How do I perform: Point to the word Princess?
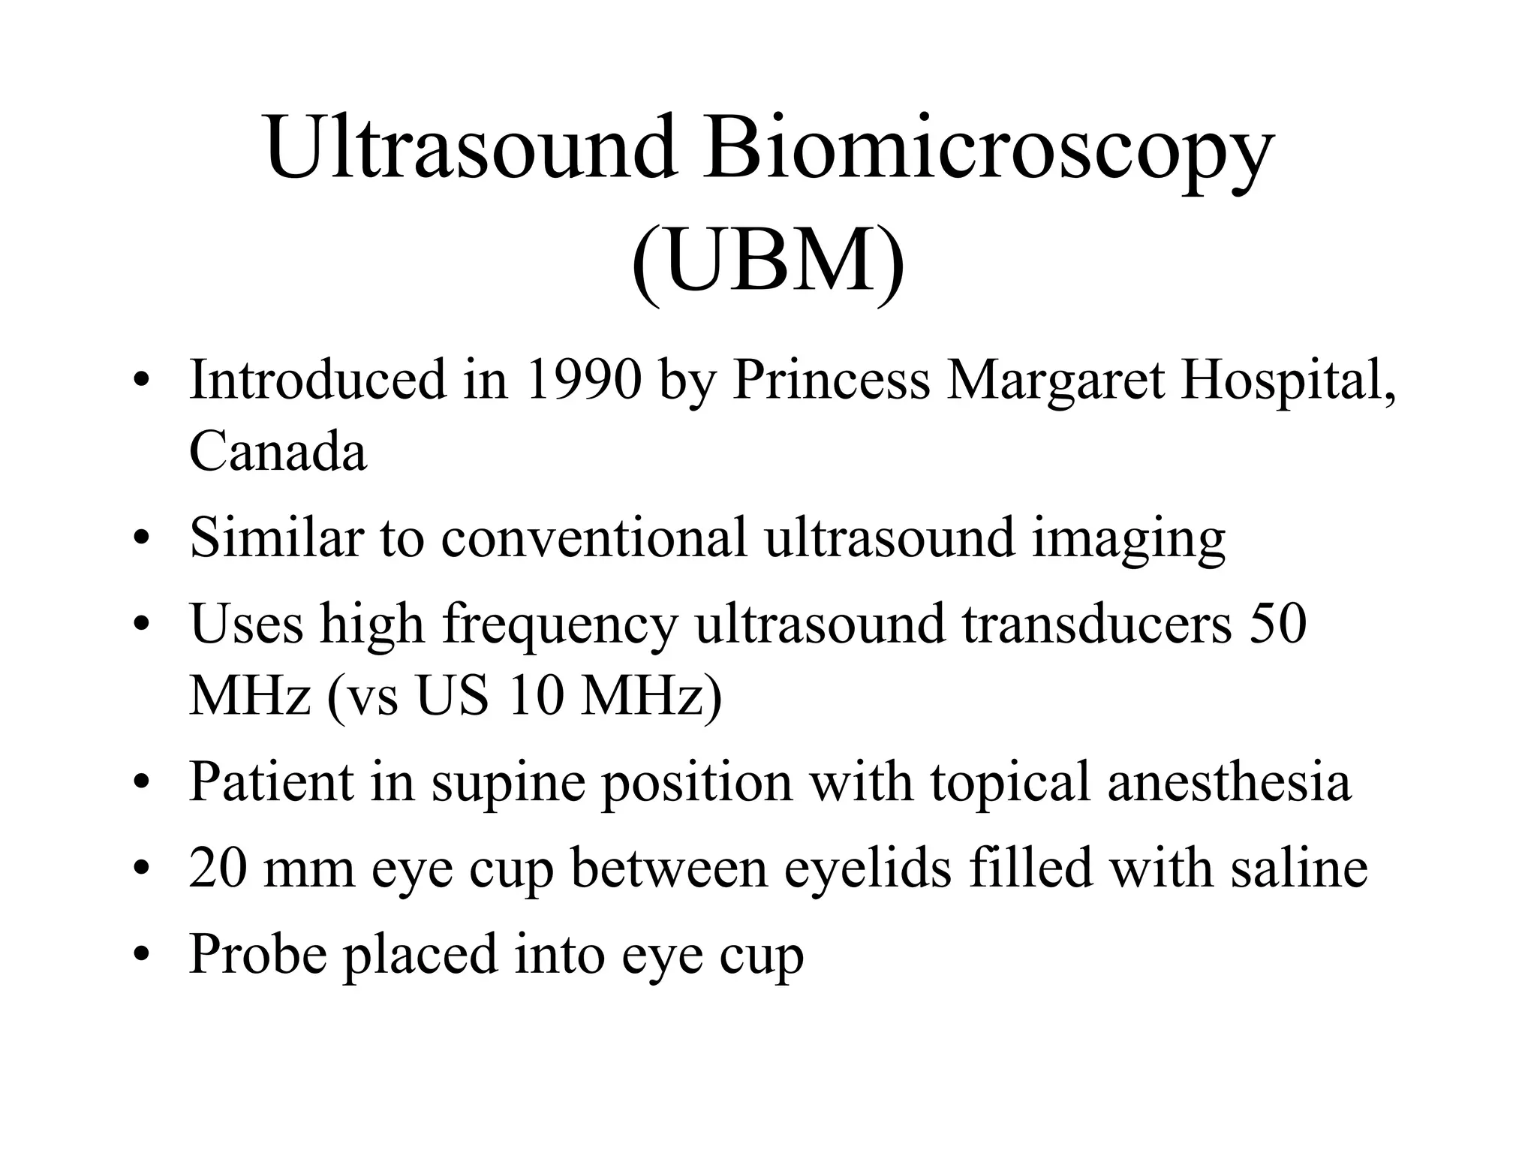click(x=831, y=380)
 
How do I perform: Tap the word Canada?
click(x=278, y=452)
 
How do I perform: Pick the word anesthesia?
click(x=1229, y=781)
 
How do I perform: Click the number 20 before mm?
click(x=218, y=868)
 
